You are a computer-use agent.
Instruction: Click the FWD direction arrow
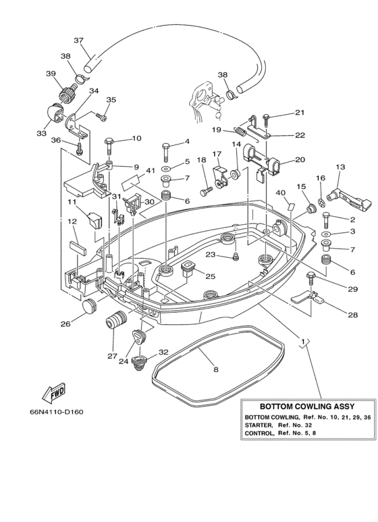[x=53, y=392]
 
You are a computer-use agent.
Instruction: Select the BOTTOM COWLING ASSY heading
[x=307, y=407]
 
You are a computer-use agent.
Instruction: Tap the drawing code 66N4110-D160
[x=57, y=412]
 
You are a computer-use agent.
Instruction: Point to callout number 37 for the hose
[x=78, y=41]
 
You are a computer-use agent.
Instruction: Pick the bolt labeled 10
[x=109, y=145]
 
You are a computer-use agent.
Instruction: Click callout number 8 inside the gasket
[x=215, y=369]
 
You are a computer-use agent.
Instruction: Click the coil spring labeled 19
[x=240, y=131]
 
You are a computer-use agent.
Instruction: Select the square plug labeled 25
[x=188, y=267]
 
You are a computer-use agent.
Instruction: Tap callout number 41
[x=151, y=171]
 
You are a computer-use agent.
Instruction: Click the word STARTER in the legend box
[x=259, y=425]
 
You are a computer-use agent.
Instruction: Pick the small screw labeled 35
[x=101, y=117]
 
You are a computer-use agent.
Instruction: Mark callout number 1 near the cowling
[x=303, y=342]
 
